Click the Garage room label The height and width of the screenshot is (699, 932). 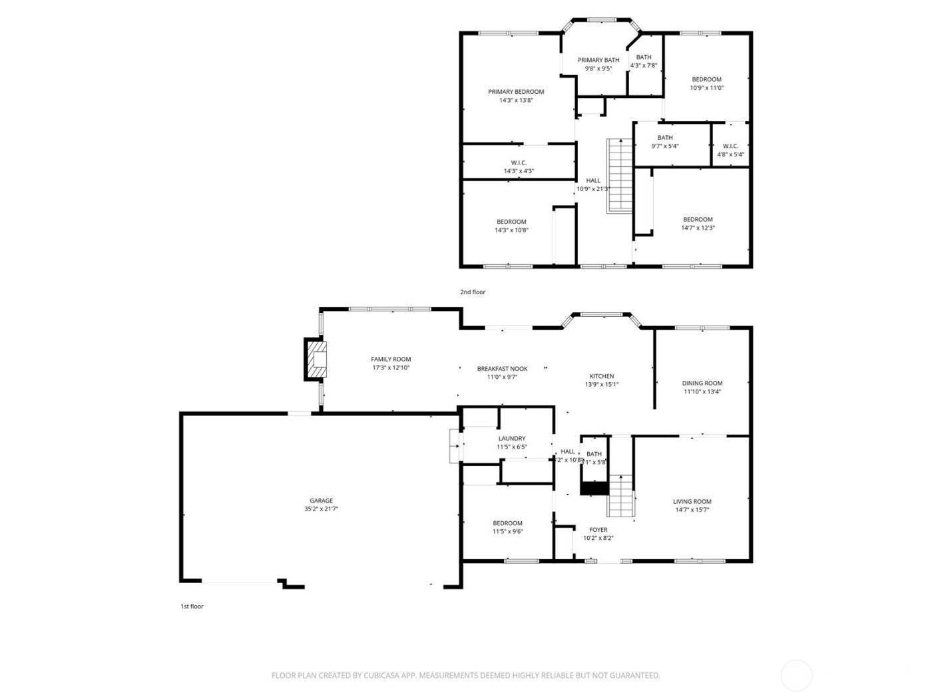(321, 501)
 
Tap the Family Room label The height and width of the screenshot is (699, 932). (391, 359)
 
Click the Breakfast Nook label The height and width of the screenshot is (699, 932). (502, 369)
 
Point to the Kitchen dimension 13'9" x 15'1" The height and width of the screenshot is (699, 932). (602, 384)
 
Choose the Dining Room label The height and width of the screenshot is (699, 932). (702, 383)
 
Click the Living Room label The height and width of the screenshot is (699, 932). (692, 502)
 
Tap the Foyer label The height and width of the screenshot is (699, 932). (598, 530)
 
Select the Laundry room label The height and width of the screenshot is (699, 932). (511, 439)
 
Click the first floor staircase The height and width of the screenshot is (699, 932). (621, 496)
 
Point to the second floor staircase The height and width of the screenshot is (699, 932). (619, 176)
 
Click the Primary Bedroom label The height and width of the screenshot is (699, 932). (516, 92)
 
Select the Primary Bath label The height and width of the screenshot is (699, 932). (598, 60)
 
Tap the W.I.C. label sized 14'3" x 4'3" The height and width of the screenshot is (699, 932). (519, 163)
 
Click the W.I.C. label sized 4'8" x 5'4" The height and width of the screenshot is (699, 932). (730, 146)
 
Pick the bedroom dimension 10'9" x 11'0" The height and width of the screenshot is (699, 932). (706, 88)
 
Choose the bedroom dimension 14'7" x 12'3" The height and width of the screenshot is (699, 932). (698, 228)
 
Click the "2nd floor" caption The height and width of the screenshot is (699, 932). (473, 292)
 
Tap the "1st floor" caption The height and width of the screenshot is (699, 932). (192, 606)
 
